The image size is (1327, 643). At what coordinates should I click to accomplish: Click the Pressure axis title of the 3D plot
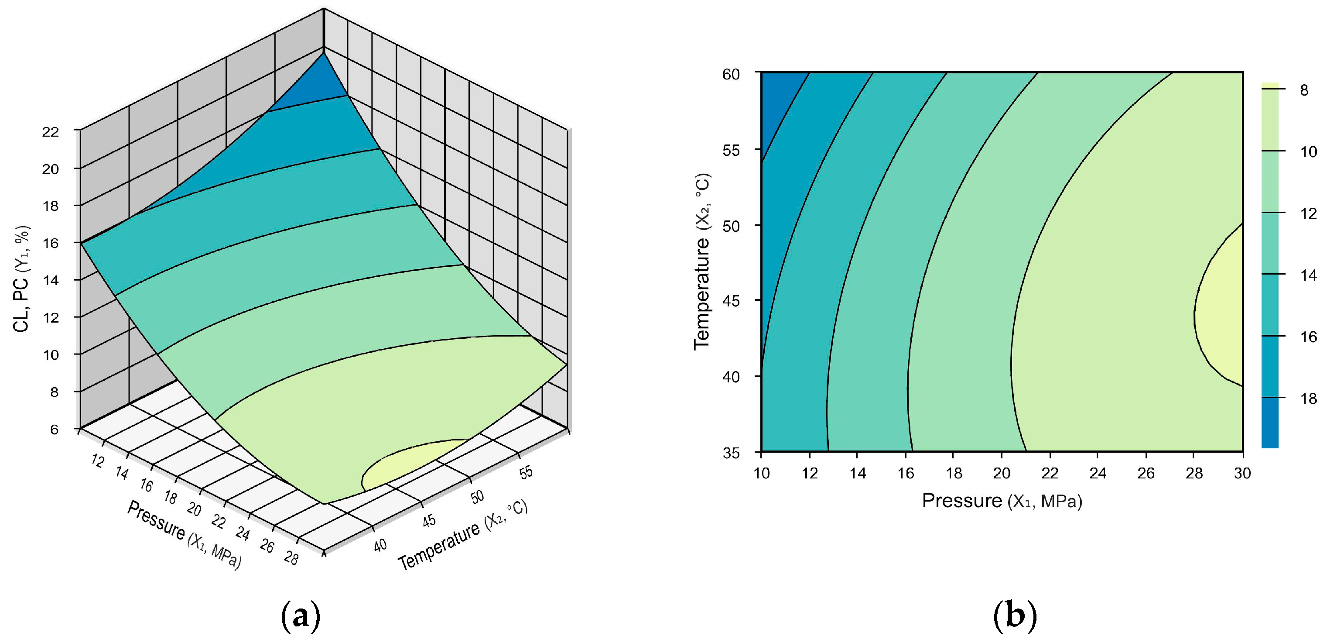pos(183,535)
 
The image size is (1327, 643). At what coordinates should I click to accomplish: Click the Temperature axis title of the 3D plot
pos(462,536)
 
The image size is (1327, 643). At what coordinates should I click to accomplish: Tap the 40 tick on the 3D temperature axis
pos(380,546)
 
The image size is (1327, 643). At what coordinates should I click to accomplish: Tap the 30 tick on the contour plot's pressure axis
pos(1242,472)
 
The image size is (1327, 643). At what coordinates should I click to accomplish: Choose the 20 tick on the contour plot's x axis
pos(1002,472)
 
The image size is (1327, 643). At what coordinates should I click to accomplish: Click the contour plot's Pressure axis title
pos(1002,501)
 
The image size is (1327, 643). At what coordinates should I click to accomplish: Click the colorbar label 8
pos(1304,90)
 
